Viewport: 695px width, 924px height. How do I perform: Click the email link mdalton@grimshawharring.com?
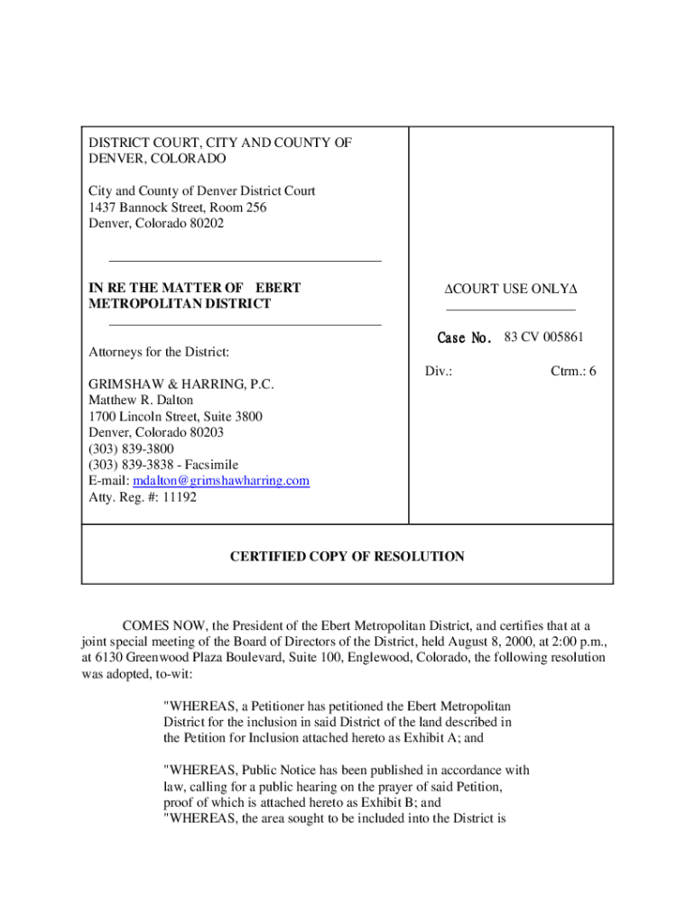(x=221, y=481)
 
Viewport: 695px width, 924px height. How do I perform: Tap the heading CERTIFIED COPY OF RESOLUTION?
(x=347, y=557)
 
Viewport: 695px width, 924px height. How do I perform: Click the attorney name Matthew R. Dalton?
(x=141, y=400)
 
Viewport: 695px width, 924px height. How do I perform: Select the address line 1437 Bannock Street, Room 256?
(x=177, y=208)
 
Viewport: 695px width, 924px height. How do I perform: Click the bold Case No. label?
(x=464, y=338)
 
